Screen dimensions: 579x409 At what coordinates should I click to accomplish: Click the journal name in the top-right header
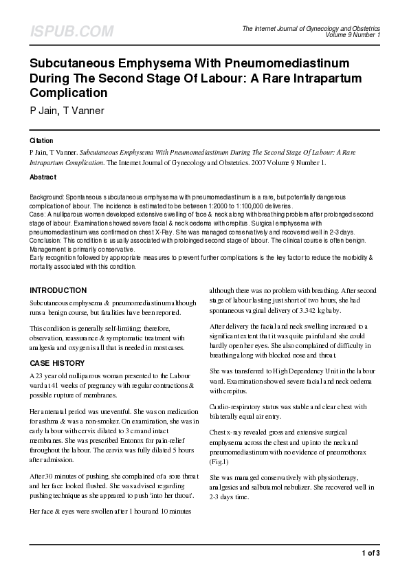(x=311, y=28)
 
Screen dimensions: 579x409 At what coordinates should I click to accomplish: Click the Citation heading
(x=42, y=140)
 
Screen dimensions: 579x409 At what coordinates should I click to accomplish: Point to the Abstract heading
(x=43, y=177)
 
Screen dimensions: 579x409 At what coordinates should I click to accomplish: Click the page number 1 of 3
(x=370, y=553)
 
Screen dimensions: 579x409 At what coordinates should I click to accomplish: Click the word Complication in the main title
(x=69, y=92)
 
